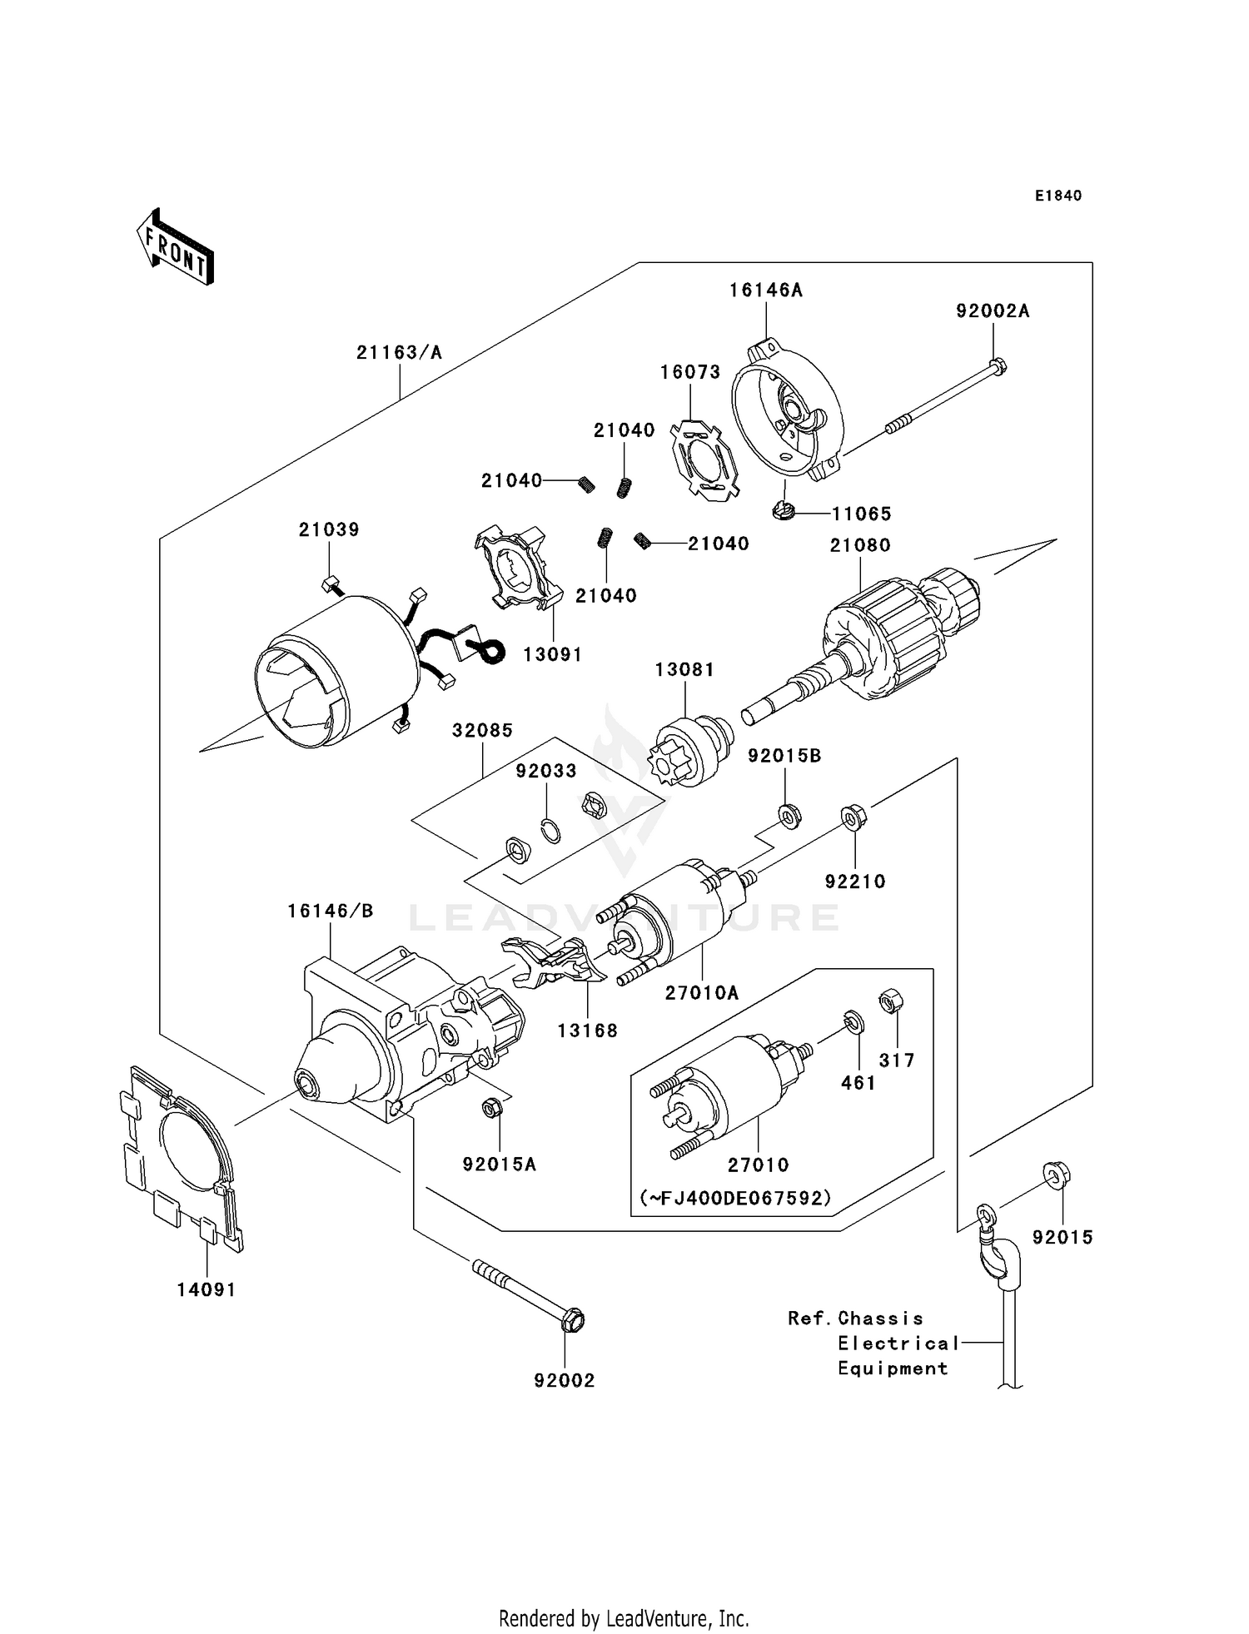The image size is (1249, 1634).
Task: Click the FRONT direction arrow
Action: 175,247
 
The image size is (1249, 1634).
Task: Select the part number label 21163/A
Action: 399,353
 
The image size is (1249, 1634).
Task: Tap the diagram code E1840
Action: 1058,196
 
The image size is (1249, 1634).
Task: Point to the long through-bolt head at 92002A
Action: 998,365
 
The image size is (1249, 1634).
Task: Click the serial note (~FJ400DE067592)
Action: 735,1198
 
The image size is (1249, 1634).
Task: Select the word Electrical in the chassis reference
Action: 898,1343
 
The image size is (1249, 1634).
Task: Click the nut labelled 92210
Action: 851,816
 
